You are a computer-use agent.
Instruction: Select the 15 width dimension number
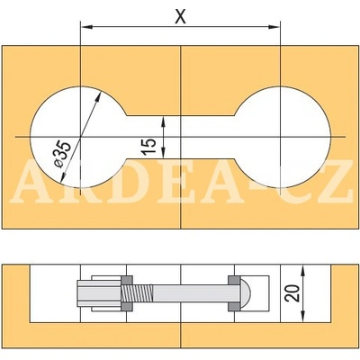150,137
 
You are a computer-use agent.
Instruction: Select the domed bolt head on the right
246,292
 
